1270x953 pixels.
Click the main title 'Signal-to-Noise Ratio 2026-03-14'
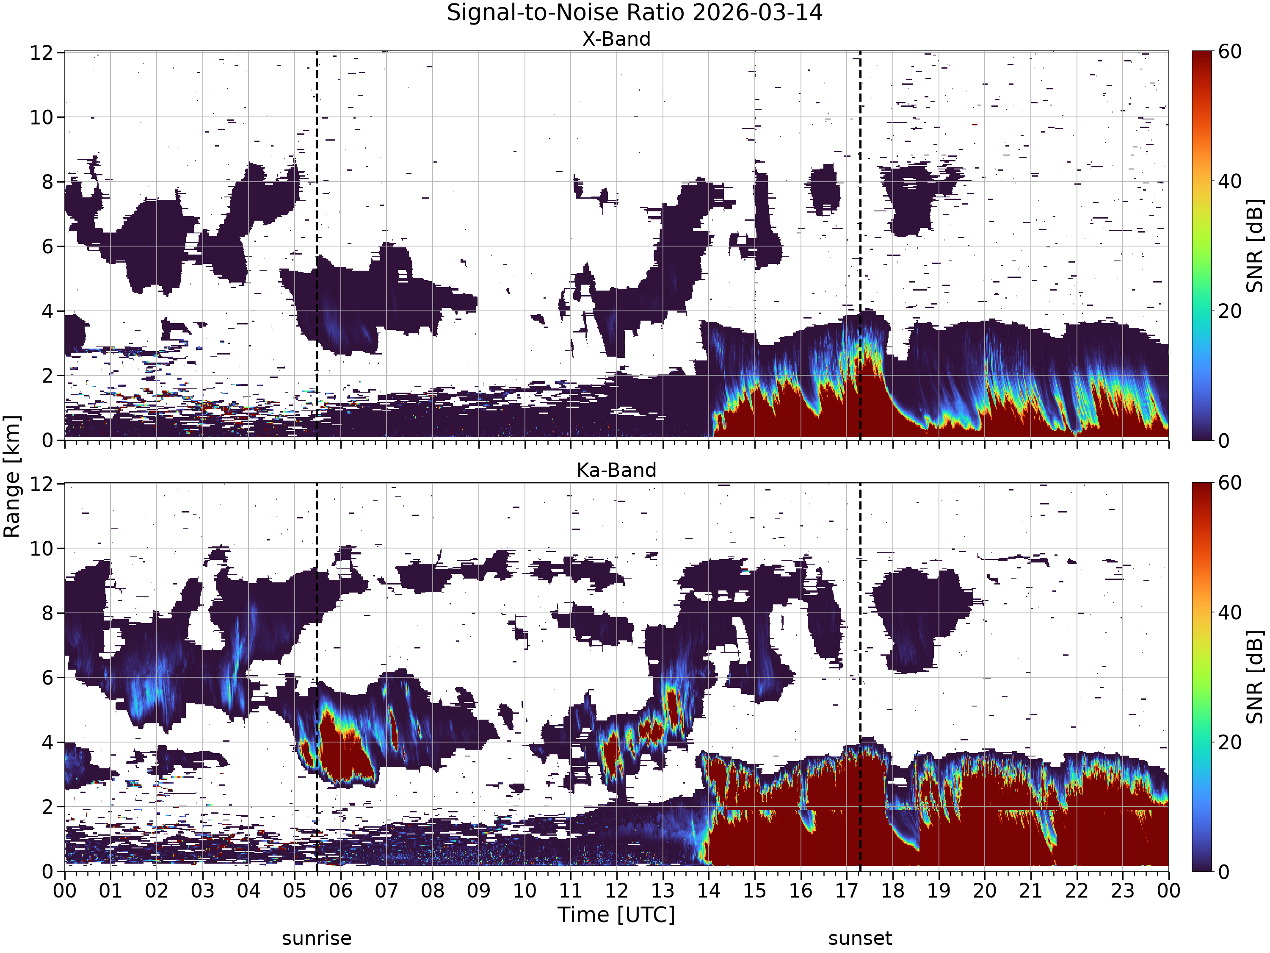click(635, 13)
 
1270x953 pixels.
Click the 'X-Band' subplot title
click(617, 39)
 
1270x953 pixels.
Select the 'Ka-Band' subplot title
click(617, 471)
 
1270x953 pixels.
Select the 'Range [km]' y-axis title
click(11, 476)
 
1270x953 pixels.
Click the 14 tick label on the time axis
click(709, 891)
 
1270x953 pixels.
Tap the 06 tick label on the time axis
click(340, 891)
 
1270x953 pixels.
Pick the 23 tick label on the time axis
click(1122, 891)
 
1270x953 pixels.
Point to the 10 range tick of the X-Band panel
click(41, 117)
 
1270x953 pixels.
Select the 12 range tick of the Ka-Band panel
click(41, 484)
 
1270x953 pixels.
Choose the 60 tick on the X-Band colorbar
click(1230, 52)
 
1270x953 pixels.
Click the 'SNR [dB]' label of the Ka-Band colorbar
click(1255, 677)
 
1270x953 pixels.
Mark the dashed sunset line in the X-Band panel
click(860, 246)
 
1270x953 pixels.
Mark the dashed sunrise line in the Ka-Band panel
click(316, 677)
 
